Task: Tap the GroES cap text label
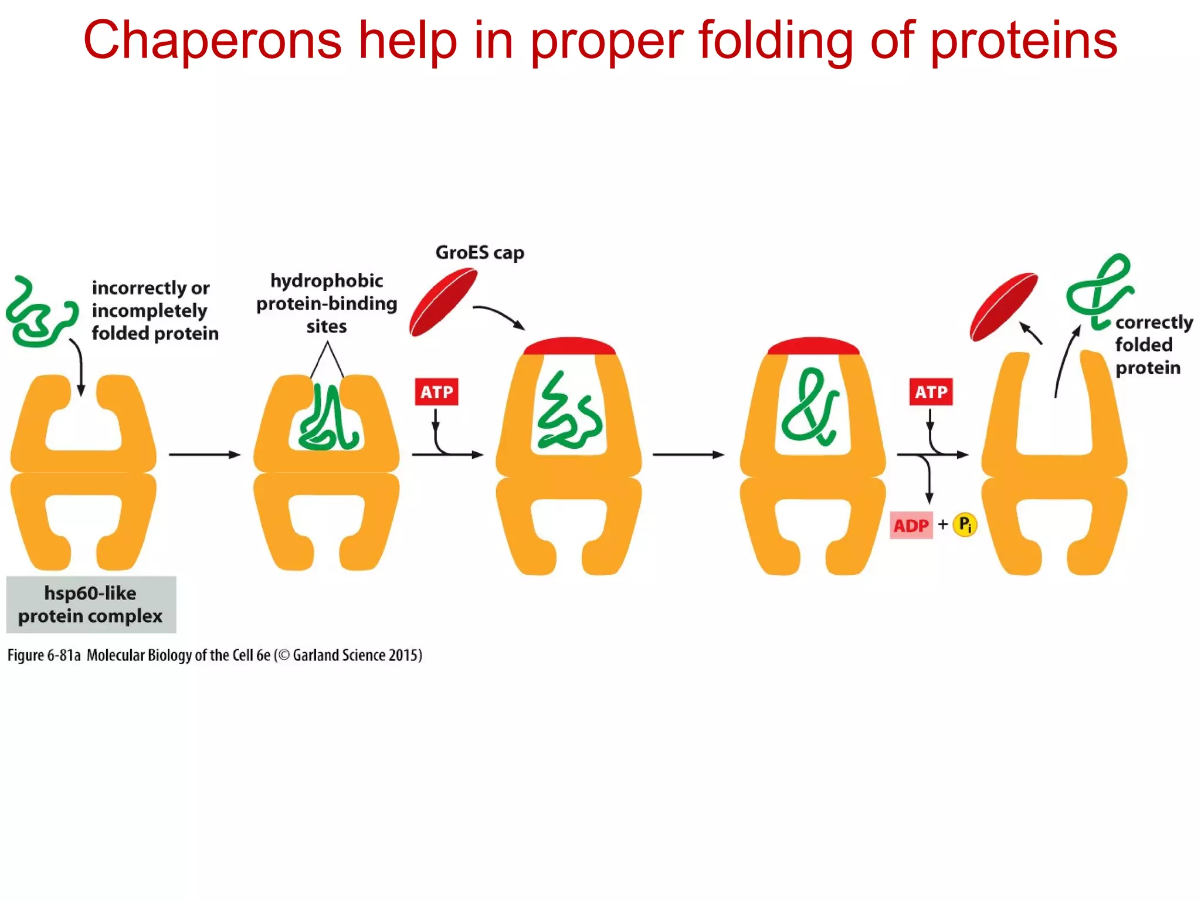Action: (479, 253)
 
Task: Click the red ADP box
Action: (911, 526)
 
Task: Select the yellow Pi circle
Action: (965, 524)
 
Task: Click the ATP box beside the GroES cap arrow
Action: (436, 392)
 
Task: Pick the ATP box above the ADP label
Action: (931, 392)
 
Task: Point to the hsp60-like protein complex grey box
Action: (91, 604)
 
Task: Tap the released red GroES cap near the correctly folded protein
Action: (1003, 306)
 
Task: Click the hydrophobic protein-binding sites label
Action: (327, 303)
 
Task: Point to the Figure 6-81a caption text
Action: (215, 655)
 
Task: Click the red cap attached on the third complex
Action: (569, 346)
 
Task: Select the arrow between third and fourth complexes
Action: (688, 455)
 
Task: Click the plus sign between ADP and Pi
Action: (943, 524)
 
